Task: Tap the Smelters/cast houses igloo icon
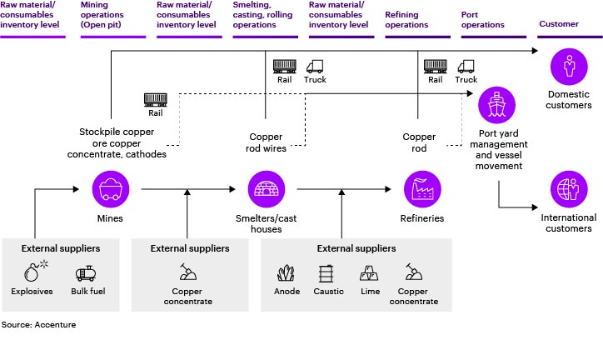click(x=267, y=189)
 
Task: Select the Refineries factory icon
click(x=420, y=189)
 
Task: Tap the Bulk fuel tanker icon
click(x=87, y=272)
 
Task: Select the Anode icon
click(x=287, y=272)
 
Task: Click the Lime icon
click(x=369, y=272)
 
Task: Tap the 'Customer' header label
click(x=558, y=25)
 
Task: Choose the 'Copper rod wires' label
click(x=267, y=142)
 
